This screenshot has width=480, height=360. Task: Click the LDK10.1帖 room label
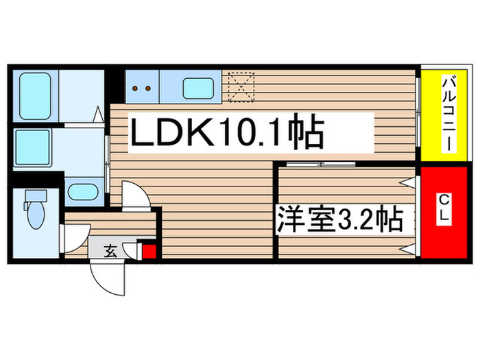coord(227,132)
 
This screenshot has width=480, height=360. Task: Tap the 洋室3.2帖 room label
coord(339,219)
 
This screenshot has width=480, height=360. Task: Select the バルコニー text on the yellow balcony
coord(449,115)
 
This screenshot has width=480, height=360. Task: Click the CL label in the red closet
coord(444,209)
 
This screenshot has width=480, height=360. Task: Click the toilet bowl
coord(36,215)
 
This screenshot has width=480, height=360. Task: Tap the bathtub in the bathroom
coord(35,96)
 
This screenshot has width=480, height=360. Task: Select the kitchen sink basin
coord(198,88)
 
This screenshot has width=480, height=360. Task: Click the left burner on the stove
coord(135,88)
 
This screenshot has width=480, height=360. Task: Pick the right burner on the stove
coord(148,88)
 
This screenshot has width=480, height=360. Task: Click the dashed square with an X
coord(241,87)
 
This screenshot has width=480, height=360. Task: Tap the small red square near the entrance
coord(149,252)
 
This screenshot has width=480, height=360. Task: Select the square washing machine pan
coord(32,147)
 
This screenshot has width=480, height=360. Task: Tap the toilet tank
coord(36,195)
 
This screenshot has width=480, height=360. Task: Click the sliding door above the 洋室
coord(320,164)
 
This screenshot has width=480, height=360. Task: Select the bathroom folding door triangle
coord(99,115)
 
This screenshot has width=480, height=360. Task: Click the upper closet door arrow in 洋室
coord(407,183)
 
